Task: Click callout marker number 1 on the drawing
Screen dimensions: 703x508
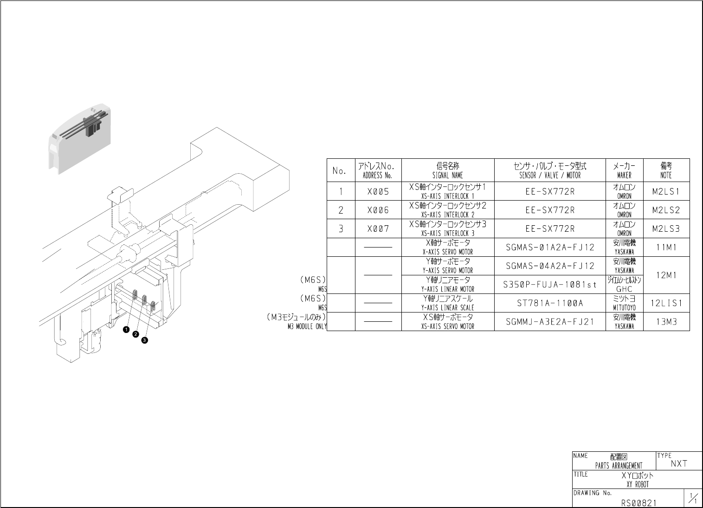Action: point(126,329)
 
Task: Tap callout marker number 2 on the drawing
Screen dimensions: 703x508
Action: point(135,334)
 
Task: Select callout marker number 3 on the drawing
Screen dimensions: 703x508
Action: point(145,340)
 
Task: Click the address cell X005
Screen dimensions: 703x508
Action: point(378,192)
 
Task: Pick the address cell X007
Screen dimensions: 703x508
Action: point(378,229)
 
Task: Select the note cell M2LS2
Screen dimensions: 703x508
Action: point(666,210)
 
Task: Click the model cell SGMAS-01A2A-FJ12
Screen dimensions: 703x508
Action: point(550,247)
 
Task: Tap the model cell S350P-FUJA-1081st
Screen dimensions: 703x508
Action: point(550,285)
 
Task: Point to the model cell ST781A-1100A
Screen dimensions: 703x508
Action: point(550,303)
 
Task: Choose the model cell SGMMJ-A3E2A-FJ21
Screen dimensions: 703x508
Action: point(550,322)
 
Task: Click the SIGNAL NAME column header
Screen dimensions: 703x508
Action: point(447,170)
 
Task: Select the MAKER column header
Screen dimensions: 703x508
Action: point(624,170)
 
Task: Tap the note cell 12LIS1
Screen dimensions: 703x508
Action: point(666,303)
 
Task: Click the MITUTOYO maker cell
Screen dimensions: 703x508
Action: point(624,303)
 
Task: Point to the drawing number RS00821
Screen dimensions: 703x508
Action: point(639,502)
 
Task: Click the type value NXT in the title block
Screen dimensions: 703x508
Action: point(679,463)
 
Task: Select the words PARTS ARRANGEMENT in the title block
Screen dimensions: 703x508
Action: point(619,466)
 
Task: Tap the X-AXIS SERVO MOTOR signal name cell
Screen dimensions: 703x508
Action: point(447,247)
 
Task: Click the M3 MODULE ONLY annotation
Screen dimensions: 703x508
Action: point(307,326)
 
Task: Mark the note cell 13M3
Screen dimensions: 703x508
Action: point(666,322)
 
